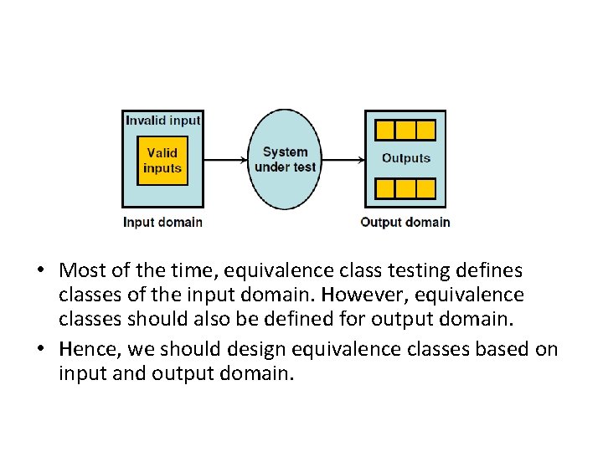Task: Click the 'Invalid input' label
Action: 163,121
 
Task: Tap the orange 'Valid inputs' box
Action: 162,160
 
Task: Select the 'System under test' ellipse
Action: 286,159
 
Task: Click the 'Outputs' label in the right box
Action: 406,158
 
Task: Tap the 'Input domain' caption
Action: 162,223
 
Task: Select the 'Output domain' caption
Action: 405,223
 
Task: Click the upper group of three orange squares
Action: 405,130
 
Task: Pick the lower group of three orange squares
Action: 405,187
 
